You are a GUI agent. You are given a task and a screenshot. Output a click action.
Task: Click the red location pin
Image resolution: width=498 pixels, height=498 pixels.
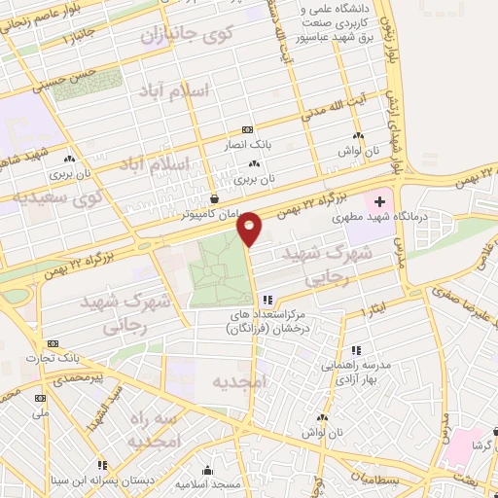(250, 228)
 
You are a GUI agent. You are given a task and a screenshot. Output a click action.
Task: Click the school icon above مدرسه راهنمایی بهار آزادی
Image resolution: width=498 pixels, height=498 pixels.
(356, 350)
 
